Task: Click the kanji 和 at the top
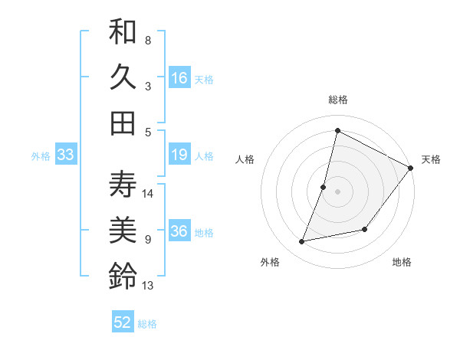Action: pyautogui.click(x=123, y=33)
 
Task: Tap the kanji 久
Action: pyautogui.click(x=123, y=77)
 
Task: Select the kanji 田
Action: pyautogui.click(x=123, y=123)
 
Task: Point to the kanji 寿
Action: pyautogui.click(x=123, y=185)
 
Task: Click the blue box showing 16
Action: pyautogui.click(x=179, y=78)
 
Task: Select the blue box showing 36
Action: pyautogui.click(x=179, y=232)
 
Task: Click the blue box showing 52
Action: pyautogui.click(x=123, y=323)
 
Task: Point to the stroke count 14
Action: pyautogui.click(x=149, y=193)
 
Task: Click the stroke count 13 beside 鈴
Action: pyautogui.click(x=148, y=286)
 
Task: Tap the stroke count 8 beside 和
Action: pyautogui.click(x=148, y=40)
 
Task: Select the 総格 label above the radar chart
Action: pyautogui.click(x=337, y=100)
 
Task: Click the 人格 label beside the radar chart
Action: pyautogui.click(x=245, y=159)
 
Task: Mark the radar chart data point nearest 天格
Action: pyautogui.click(x=410, y=168)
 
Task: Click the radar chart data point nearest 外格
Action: pyautogui.click(x=302, y=241)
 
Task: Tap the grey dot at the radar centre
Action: pyautogui.click(x=337, y=191)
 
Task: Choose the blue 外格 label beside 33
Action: pyautogui.click(x=41, y=156)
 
